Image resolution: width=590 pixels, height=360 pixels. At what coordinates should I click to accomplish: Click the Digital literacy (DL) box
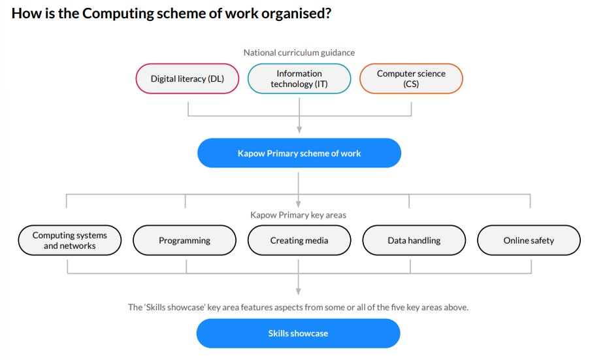(x=188, y=78)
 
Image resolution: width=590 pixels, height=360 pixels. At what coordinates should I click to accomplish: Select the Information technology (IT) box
(x=299, y=78)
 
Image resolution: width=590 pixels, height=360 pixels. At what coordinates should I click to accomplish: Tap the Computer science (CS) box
(x=411, y=78)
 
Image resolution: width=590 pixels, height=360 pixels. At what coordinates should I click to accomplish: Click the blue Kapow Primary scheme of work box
(x=299, y=153)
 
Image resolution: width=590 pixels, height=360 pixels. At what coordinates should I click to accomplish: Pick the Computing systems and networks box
(x=70, y=240)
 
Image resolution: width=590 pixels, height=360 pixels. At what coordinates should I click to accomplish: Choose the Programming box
(x=184, y=240)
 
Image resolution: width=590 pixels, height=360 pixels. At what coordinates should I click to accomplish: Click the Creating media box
(x=299, y=240)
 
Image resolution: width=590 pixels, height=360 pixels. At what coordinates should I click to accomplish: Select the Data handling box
(x=414, y=240)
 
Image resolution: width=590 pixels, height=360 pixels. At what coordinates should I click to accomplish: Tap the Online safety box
(x=529, y=240)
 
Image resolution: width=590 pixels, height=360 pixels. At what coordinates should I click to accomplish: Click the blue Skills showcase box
(x=298, y=333)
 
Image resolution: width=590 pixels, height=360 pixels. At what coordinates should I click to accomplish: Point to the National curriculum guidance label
(x=299, y=53)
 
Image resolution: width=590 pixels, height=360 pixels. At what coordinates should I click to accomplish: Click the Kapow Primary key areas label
(x=299, y=215)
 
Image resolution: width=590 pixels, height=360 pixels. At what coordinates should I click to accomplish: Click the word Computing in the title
(x=118, y=14)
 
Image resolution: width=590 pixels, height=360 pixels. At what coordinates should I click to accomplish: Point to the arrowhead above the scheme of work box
(x=299, y=130)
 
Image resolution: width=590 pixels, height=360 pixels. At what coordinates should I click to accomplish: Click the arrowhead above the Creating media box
(x=299, y=205)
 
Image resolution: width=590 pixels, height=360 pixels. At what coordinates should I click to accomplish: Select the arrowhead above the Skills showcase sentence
(x=299, y=291)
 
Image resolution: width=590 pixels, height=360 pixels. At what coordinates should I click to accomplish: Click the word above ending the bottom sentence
(x=456, y=307)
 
